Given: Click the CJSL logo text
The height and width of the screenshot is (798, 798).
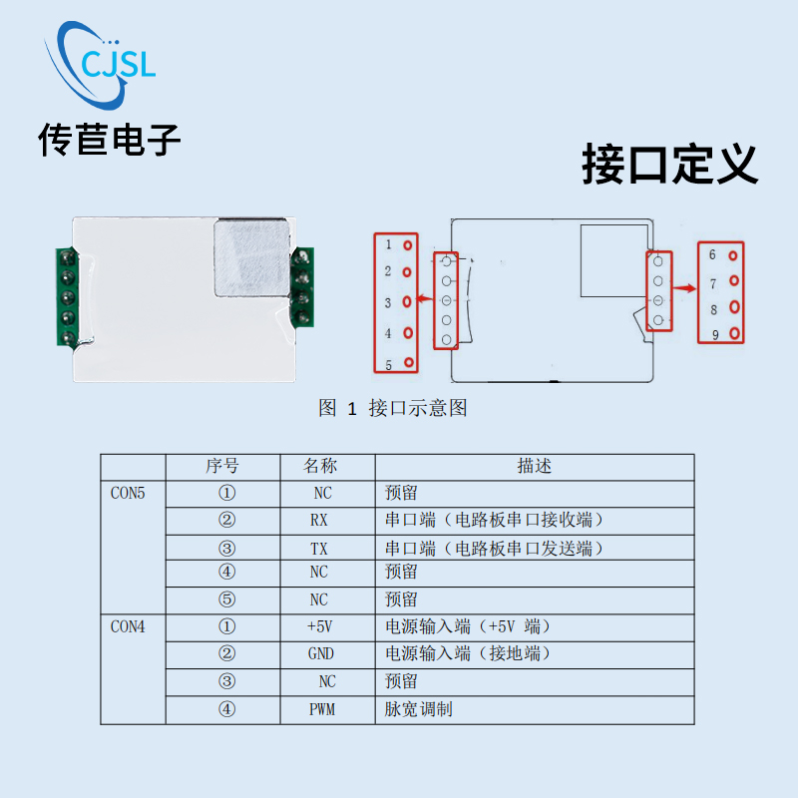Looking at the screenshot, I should pyautogui.click(x=118, y=65).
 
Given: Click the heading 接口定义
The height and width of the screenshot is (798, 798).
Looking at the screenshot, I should pyautogui.click(x=669, y=165).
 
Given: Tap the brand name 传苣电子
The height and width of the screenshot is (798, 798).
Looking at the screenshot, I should pyautogui.click(x=110, y=140).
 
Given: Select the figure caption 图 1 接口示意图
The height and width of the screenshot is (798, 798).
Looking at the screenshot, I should pyautogui.click(x=392, y=408).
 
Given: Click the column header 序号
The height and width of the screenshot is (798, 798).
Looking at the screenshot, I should pyautogui.click(x=222, y=466).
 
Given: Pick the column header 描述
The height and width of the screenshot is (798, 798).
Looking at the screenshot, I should pyautogui.click(x=534, y=466).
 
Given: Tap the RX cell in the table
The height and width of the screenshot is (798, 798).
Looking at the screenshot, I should pyautogui.click(x=318, y=520).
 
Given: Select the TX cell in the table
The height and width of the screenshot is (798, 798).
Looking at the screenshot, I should pyautogui.click(x=318, y=548).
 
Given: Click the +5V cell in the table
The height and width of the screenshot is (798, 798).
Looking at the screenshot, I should pyautogui.click(x=318, y=626).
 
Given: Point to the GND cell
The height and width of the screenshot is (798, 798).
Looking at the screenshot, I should pyautogui.click(x=320, y=654).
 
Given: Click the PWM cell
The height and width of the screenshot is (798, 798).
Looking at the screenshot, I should pyautogui.click(x=321, y=709).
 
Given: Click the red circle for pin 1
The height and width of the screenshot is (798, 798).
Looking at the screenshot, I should pyautogui.click(x=407, y=244).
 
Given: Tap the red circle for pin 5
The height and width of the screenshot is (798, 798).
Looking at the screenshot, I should pyautogui.click(x=407, y=364).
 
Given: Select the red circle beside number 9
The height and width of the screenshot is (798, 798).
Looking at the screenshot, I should pyautogui.click(x=735, y=333).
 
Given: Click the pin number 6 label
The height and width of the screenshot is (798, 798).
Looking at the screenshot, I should pyautogui.click(x=712, y=255).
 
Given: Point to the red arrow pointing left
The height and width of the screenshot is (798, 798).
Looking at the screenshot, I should pyautogui.click(x=424, y=298).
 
